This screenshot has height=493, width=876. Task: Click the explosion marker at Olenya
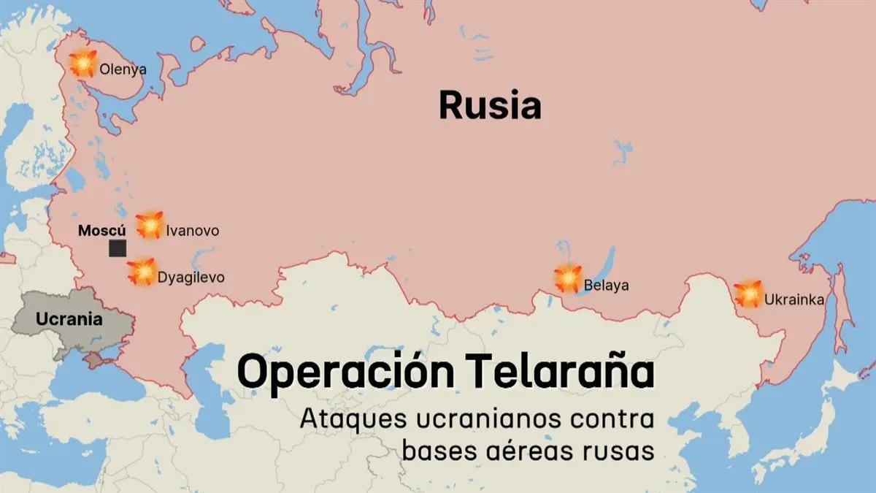pos(84,64)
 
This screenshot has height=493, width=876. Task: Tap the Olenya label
pos(123,70)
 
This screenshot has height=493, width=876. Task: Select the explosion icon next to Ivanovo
pos(150,225)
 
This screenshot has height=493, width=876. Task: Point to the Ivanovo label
pos(192,231)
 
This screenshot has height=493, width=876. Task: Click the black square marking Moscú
pos(117,248)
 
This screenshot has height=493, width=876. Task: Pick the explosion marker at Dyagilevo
pos(142,272)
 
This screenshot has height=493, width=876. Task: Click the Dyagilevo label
pos(191,278)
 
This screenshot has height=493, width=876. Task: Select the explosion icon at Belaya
pos(567,278)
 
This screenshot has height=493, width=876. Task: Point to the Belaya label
pos(606,286)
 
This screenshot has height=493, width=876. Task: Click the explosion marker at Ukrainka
pos(748,294)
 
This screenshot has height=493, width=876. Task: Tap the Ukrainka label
pos(795,299)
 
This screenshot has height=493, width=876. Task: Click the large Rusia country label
pos(490,106)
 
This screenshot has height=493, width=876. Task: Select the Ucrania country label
pos(69,319)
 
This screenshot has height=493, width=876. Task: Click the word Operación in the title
pos(348,372)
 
